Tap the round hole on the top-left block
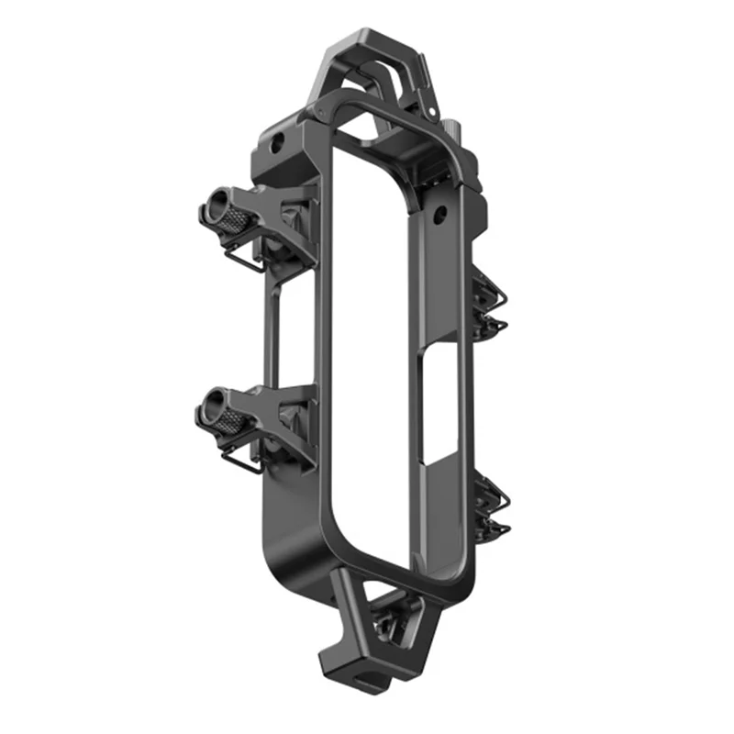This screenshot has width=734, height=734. [276, 143]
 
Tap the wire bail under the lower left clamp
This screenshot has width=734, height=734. [240, 463]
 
